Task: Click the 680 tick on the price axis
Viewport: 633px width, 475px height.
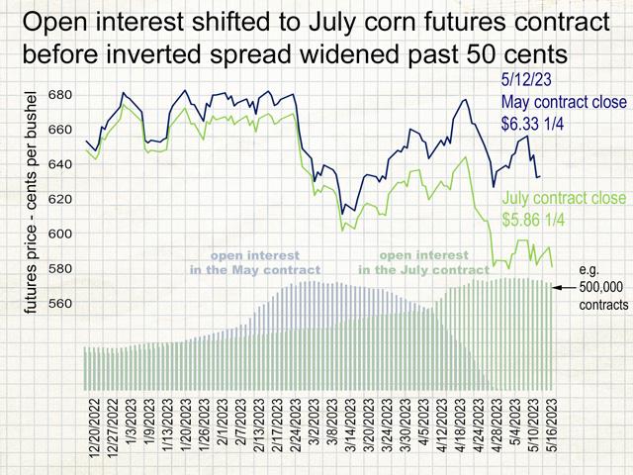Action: [59, 95]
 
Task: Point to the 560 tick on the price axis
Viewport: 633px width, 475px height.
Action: [59, 303]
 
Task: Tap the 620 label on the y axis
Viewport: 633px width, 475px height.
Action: [59, 199]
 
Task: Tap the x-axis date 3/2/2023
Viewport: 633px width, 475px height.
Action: [315, 434]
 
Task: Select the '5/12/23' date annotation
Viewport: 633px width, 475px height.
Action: [529, 82]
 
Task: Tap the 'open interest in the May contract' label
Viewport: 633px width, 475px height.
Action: [256, 262]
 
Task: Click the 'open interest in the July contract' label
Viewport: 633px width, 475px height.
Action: [422, 262]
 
